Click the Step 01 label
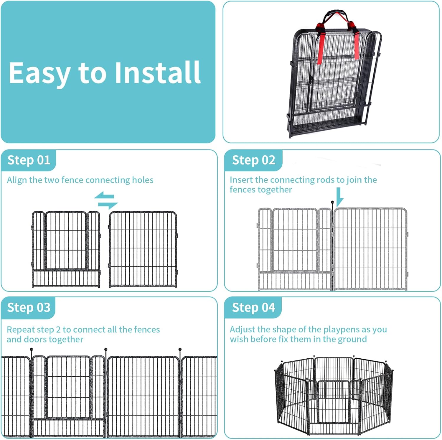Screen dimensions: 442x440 coord(29,160)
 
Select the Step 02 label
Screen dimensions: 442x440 coord(253,160)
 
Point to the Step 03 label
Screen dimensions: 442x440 coord(29,307)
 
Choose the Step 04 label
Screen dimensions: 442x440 coord(253,307)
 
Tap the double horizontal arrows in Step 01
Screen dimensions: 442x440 coord(106,200)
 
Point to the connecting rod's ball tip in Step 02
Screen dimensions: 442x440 coord(333,202)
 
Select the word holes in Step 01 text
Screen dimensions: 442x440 coord(143,180)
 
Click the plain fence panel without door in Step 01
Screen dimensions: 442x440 coord(143,249)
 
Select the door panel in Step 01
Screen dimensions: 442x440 coord(66,249)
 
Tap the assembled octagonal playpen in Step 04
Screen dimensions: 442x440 coord(334,395)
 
